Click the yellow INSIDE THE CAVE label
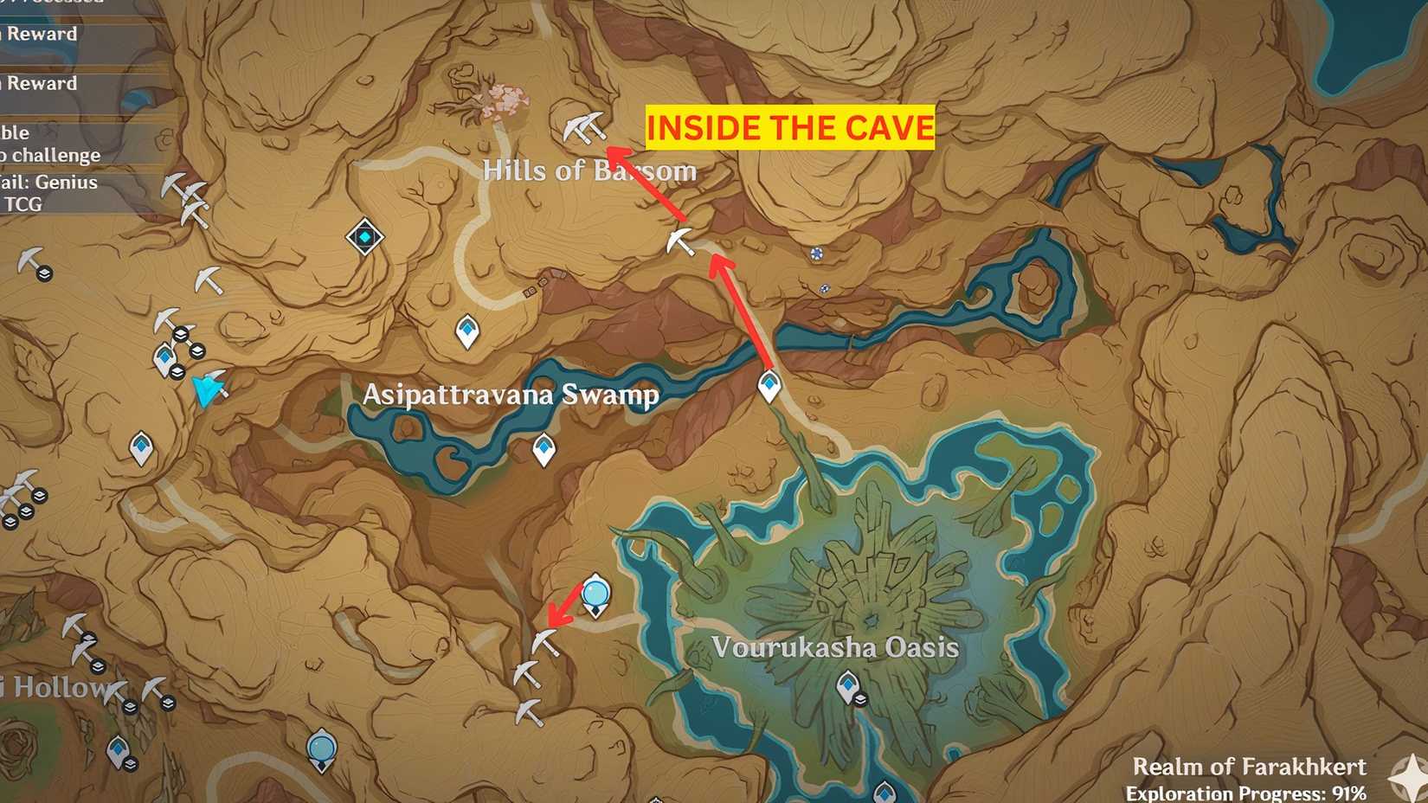pos(790,128)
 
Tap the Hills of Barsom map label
pos(589,170)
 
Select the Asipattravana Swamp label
pos(511,395)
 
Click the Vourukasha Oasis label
pos(835,647)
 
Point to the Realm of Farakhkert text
pos(1249,767)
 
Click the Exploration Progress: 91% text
pos(1245,793)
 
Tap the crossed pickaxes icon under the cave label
pos(584,128)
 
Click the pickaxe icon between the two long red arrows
pos(681,241)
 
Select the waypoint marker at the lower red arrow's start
pos(769,386)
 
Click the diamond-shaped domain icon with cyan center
pos(365,236)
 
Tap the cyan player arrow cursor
pos(207,390)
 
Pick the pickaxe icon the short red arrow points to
pos(544,642)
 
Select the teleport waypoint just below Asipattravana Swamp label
pos(544,449)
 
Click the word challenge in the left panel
pos(56,155)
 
